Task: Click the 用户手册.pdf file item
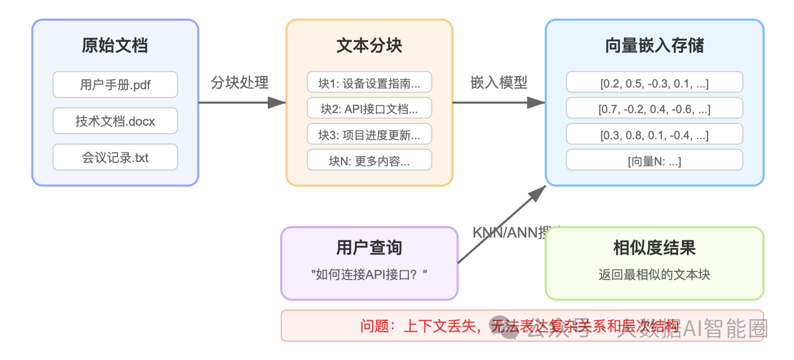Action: [x=115, y=85]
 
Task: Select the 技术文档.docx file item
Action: [x=115, y=121]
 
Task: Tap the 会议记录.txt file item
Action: [x=115, y=158]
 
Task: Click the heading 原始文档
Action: [x=115, y=46]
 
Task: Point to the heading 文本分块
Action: [x=369, y=46]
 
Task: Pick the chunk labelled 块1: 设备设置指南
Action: [x=369, y=83]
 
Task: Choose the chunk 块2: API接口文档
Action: [x=369, y=109]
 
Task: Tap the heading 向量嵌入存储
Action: [x=654, y=46]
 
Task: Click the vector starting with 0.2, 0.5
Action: [x=654, y=83]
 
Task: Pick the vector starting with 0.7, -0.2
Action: [x=654, y=109]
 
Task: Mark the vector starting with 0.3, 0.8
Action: [x=654, y=135]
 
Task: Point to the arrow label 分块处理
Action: [x=240, y=83]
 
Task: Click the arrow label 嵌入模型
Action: [x=499, y=83]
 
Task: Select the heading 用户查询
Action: [x=369, y=248]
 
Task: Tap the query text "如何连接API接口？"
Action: [x=369, y=275]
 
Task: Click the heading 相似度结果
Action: [x=654, y=248]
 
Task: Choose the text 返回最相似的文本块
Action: [x=654, y=275]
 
